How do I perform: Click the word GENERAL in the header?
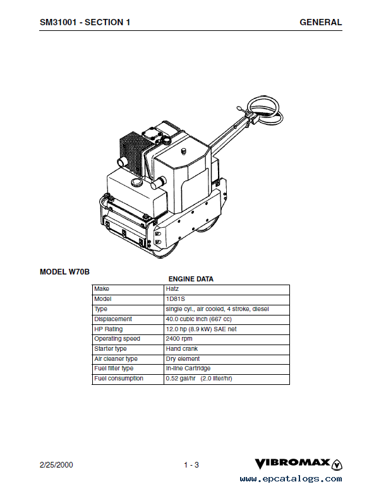point(320,22)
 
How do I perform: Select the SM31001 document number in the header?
point(58,22)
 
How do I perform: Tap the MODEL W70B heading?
point(64,272)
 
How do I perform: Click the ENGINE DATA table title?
point(191,279)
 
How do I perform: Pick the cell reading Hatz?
point(172,289)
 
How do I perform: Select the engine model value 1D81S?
point(176,299)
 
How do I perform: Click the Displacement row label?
point(113,319)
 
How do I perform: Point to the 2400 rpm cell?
point(179,339)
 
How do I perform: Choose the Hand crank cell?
point(182,349)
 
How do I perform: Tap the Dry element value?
point(183,358)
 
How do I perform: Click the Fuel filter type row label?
point(114,368)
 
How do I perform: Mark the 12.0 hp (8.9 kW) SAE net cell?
point(201,329)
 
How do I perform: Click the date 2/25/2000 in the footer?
point(56,464)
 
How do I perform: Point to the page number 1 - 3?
point(191,465)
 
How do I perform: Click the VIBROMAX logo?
point(298,464)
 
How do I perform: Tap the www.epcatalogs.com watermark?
point(291,479)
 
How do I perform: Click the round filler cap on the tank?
point(136,182)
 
